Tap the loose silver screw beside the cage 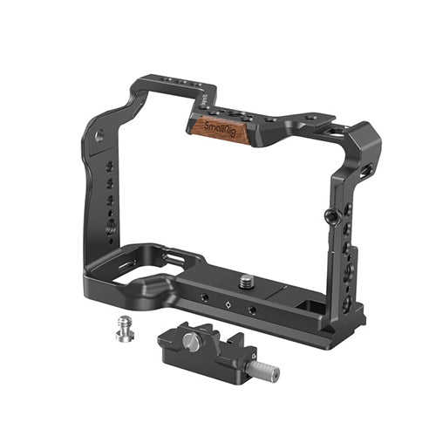[x=126, y=329]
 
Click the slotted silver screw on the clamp [x=190, y=339]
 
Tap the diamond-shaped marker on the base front [x=228, y=304]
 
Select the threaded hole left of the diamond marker [x=205, y=297]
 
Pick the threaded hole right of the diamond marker [x=252, y=310]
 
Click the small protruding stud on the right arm [x=329, y=215]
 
